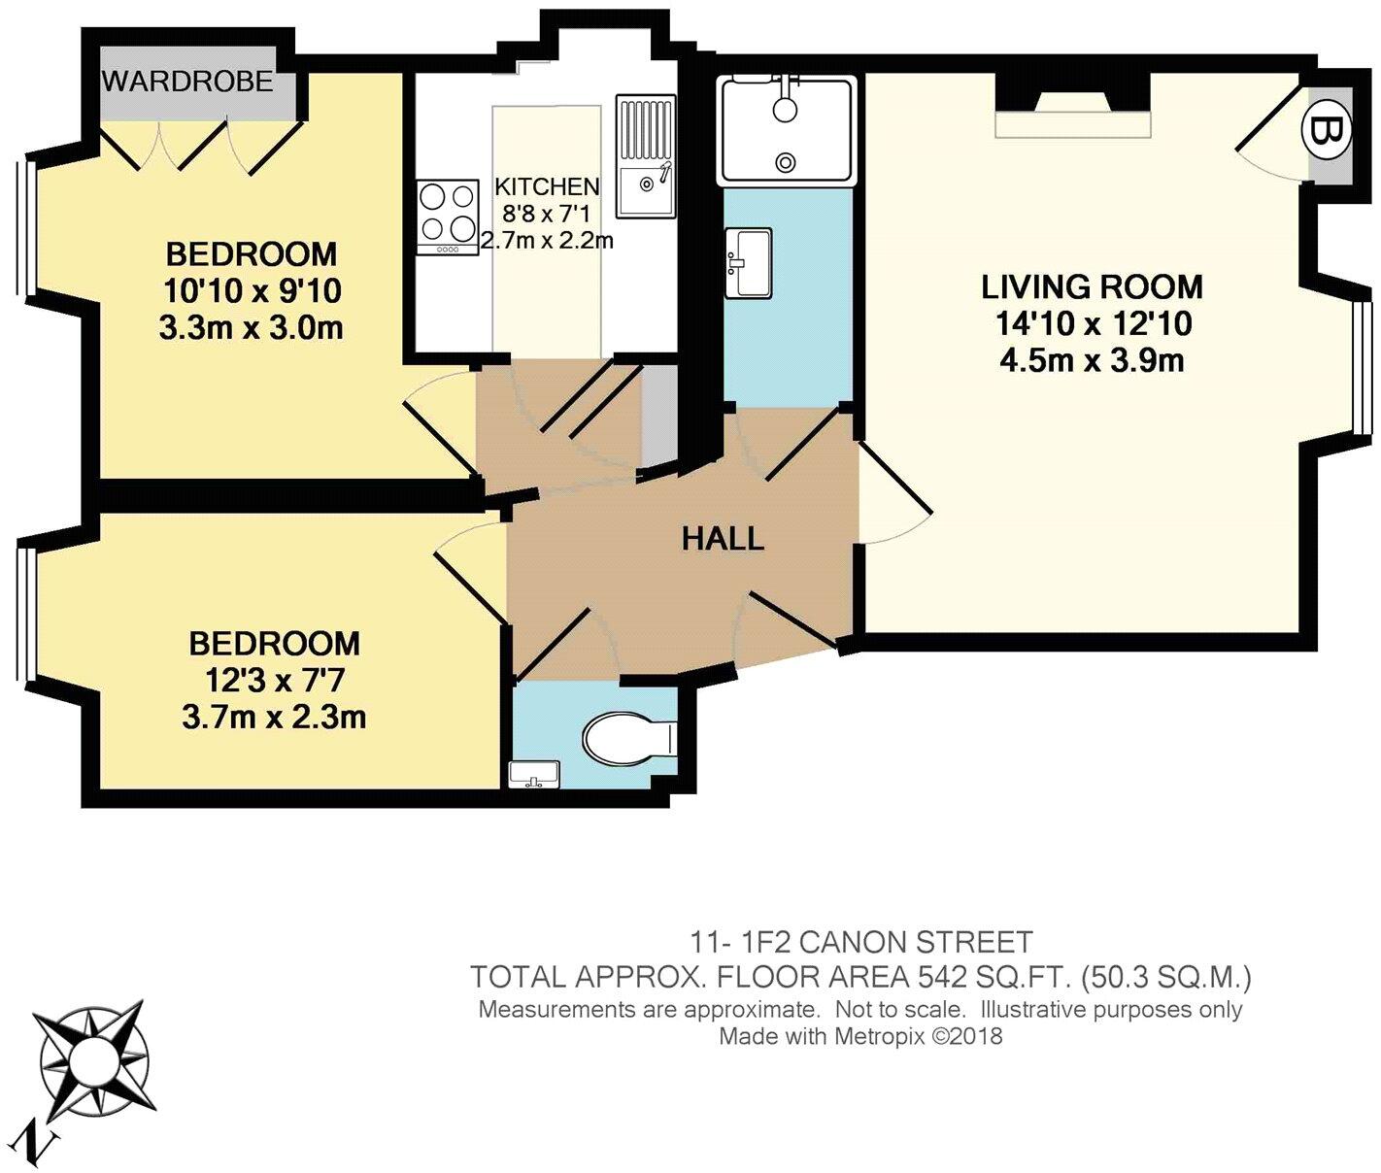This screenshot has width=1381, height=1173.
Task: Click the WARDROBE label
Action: [187, 82]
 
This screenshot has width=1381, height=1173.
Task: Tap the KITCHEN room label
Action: [547, 186]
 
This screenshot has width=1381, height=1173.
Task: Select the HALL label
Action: [723, 538]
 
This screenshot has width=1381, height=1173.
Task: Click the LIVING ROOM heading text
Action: [1092, 287]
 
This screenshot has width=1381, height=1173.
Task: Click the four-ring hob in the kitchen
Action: [448, 217]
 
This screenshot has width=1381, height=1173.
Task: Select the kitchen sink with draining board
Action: [646, 156]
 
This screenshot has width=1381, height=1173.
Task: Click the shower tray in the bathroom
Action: [787, 130]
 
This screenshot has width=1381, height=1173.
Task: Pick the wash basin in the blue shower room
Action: [749, 262]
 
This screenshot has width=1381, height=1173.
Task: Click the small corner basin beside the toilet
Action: [534, 776]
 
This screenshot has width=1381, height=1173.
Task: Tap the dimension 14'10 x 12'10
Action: [1093, 324]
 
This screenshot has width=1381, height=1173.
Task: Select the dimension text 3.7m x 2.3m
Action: [274, 719]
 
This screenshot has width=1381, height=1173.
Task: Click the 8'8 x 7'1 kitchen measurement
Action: [546, 214]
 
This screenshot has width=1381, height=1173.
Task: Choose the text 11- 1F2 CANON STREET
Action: [861, 943]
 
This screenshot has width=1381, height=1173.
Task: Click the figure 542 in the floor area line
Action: [943, 978]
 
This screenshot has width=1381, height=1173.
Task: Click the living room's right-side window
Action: [1361, 368]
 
